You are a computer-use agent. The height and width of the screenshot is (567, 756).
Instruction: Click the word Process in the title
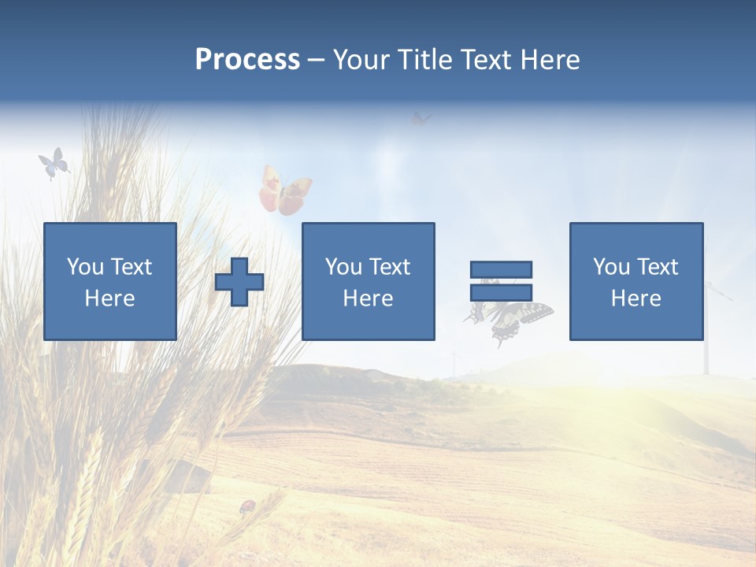(x=247, y=60)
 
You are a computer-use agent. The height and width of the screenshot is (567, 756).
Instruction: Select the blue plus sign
(x=239, y=282)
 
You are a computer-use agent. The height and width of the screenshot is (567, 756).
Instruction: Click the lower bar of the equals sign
(x=501, y=292)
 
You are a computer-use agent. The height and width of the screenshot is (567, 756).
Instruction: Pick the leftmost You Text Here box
(x=109, y=281)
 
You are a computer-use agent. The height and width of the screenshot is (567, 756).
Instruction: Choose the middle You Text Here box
(x=368, y=281)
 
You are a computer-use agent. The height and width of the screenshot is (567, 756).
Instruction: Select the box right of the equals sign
(x=636, y=281)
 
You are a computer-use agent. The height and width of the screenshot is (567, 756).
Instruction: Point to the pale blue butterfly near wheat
(x=54, y=164)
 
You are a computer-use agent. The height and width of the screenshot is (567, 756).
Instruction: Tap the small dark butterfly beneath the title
(x=421, y=119)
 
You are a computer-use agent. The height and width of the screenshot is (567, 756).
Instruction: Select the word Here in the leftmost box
(x=109, y=298)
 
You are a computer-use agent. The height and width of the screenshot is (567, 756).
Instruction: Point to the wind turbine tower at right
(x=706, y=331)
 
